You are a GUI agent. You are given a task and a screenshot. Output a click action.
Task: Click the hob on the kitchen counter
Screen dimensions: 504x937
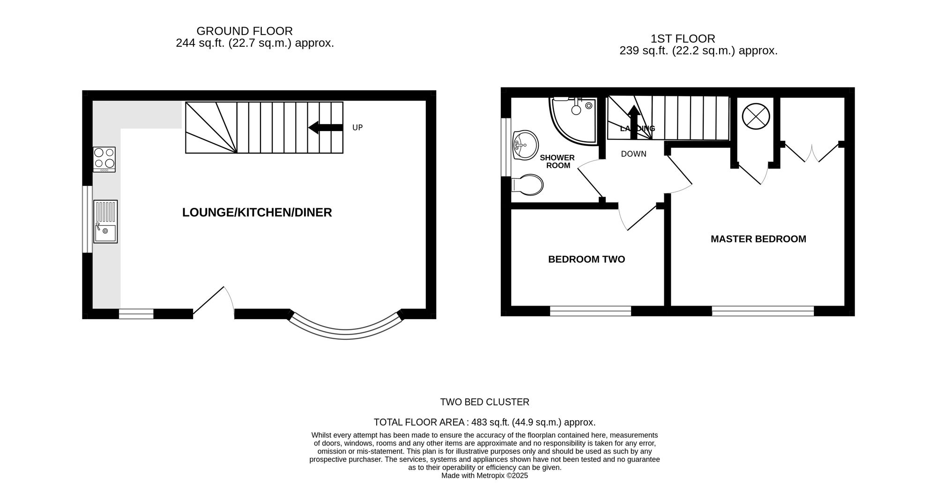(x=104, y=159)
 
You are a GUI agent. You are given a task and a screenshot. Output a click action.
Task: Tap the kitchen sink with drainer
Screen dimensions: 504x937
(x=105, y=221)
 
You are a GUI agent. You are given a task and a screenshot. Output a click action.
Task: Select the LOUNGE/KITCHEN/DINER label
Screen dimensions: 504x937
(x=257, y=212)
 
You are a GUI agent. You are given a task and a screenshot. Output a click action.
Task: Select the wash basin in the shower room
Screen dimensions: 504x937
(x=525, y=145)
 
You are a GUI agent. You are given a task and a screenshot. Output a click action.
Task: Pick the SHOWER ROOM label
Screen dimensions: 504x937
(x=558, y=161)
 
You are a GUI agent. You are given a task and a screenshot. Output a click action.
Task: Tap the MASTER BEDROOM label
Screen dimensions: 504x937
(x=758, y=239)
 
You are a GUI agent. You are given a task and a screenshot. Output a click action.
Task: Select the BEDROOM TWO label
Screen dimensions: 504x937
(x=587, y=259)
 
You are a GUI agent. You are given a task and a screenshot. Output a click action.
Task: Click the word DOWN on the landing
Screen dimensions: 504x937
(x=633, y=154)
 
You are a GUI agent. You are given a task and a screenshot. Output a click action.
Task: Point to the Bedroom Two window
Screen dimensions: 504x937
(x=590, y=311)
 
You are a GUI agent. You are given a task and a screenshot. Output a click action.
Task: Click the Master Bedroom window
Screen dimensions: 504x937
(x=763, y=311)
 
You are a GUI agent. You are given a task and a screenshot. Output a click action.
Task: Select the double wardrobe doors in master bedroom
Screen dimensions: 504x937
(x=812, y=152)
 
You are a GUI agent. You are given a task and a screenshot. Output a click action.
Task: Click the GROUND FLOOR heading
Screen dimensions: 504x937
(x=245, y=31)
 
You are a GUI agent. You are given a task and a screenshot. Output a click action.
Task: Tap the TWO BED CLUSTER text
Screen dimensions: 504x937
(x=484, y=402)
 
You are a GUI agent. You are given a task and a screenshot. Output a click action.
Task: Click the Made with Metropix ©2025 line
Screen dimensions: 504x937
(x=484, y=475)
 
